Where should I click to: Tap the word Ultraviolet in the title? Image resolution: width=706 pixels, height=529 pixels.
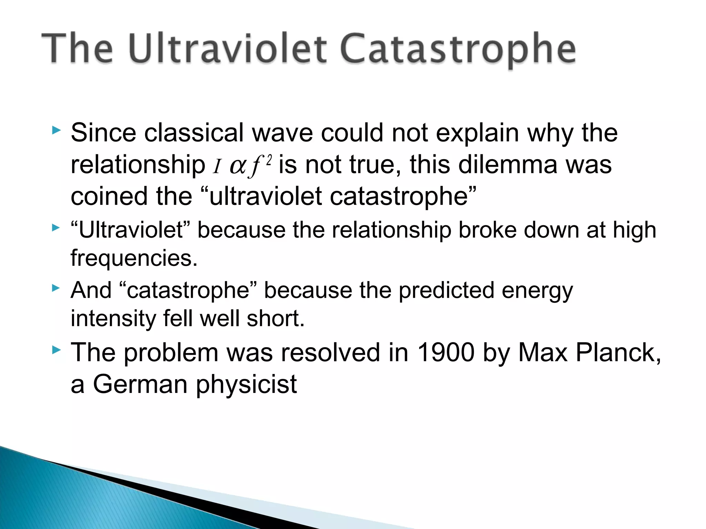(228, 49)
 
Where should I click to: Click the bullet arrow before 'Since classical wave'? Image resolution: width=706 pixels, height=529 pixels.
(56, 130)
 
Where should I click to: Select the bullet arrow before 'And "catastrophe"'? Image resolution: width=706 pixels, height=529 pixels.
(56, 288)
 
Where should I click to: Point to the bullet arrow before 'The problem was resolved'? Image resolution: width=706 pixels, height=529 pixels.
(56, 350)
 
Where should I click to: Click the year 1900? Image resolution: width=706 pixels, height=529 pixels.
(445, 353)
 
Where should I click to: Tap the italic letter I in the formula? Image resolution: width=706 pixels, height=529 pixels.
(216, 167)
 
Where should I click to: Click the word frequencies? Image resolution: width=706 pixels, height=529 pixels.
(134, 258)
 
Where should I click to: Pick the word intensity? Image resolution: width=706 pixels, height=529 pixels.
(113, 318)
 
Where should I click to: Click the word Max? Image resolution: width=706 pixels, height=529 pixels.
(543, 353)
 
